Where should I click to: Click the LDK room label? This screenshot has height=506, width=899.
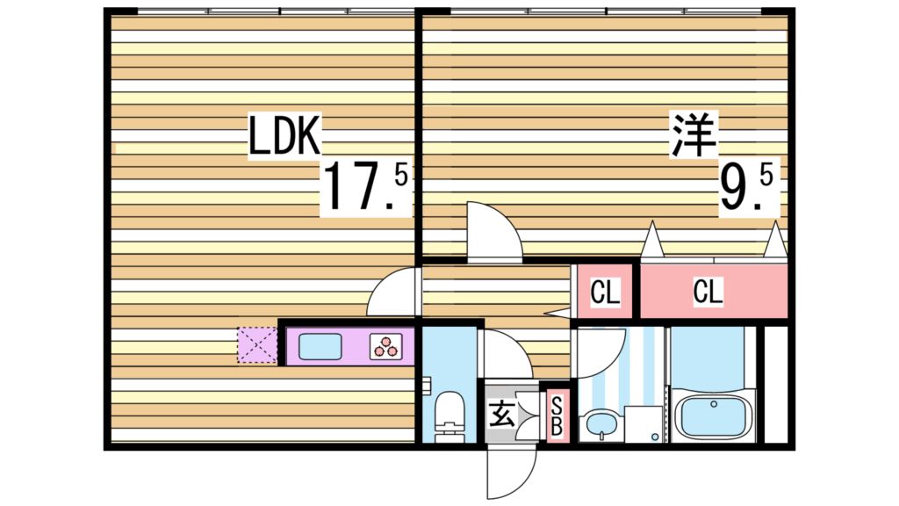point(285,136)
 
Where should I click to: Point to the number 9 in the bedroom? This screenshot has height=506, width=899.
point(736,189)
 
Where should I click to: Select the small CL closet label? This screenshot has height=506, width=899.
point(604,293)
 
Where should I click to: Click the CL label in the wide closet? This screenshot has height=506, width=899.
point(708,293)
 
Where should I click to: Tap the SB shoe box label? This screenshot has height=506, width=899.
point(556,416)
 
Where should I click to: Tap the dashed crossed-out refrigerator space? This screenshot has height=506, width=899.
point(256,345)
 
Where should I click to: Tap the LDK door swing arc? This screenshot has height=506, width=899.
point(392,294)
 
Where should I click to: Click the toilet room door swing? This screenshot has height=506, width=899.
point(505,354)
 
